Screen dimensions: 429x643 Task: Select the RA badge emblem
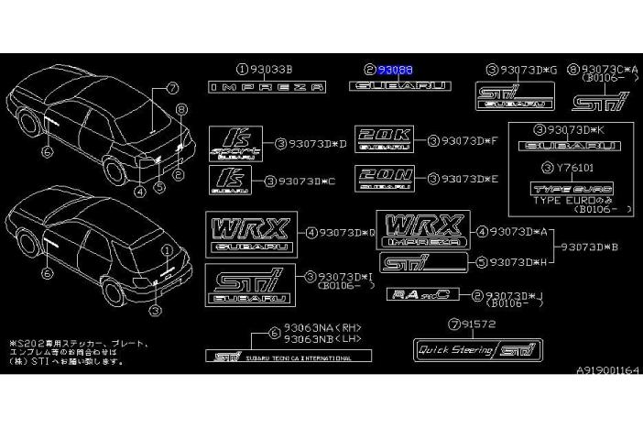click(417, 294)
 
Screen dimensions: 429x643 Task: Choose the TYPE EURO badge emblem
click(560, 189)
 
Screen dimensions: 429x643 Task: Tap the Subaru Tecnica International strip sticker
click(283, 357)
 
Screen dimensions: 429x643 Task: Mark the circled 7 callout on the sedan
click(171, 89)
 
